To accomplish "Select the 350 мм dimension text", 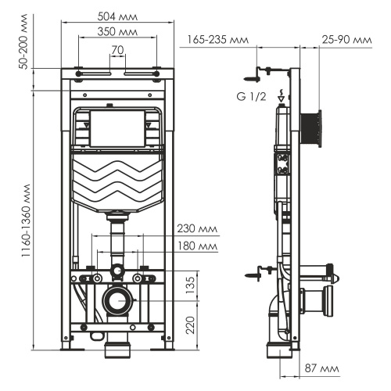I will (118, 31).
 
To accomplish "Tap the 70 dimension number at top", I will (118, 50).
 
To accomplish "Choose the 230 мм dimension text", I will (196, 229).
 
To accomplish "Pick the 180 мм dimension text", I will (196, 246).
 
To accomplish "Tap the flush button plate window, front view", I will (118, 127).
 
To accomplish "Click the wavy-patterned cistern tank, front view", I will (118, 181).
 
